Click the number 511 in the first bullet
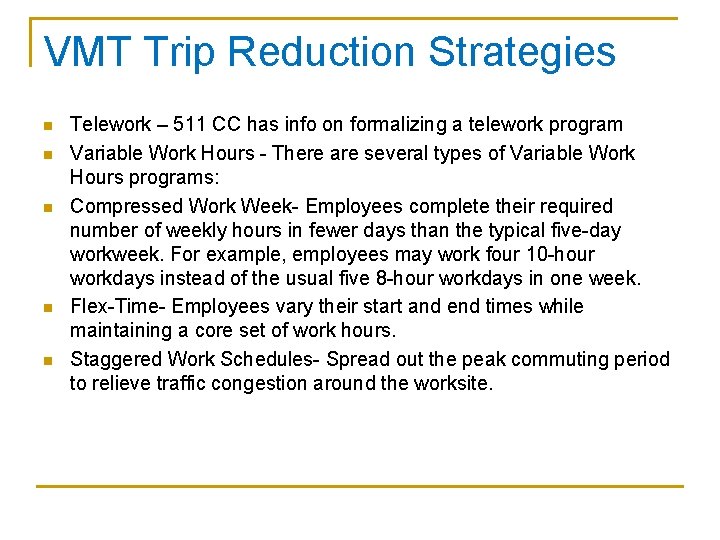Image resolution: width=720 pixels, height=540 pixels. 189,125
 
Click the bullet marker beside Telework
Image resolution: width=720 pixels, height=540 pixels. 47,126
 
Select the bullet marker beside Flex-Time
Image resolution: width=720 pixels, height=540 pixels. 47,307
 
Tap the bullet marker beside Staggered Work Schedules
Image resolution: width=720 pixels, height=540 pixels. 47,360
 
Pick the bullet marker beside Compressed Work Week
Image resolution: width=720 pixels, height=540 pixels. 47,207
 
